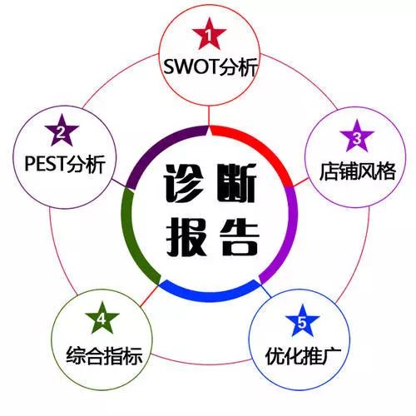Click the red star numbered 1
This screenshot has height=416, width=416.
[210, 34]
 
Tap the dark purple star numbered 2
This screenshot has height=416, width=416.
[62, 131]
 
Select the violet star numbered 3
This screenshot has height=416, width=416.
[357, 137]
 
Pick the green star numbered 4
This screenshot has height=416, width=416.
[102, 319]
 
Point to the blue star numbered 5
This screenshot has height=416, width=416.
[302, 322]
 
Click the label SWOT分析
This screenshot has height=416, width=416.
[210, 67]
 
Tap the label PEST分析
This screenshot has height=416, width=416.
[65, 164]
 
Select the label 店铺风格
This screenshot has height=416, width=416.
[357, 171]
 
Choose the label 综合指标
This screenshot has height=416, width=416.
[104, 355]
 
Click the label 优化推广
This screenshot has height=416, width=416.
[303, 356]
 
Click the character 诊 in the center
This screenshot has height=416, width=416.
[186, 183]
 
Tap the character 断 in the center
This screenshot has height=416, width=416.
[236, 183]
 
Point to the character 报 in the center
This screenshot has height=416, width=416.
[186, 236]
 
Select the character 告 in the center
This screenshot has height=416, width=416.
[239, 236]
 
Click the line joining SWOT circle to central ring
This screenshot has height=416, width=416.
[209, 116]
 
